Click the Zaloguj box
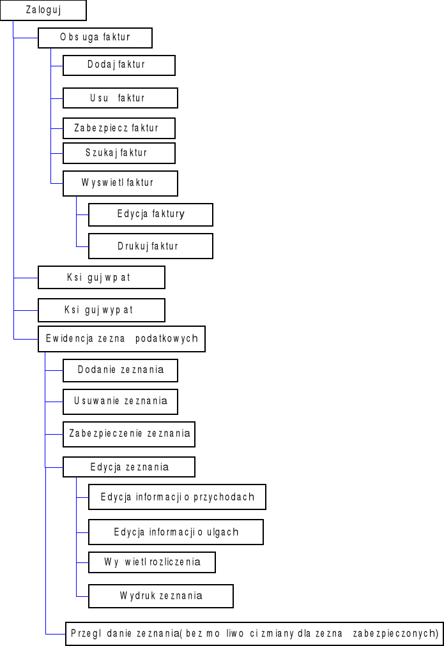click(43, 10)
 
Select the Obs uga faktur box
click(95, 38)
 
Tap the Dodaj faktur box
click(119, 65)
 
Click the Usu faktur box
click(120, 98)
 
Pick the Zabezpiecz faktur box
click(119, 128)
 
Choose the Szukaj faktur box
click(119, 153)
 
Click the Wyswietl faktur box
click(120, 183)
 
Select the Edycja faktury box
click(151, 214)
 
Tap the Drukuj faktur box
click(151, 246)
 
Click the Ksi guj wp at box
click(102, 278)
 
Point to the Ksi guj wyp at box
click(102, 310)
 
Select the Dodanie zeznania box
click(120, 370)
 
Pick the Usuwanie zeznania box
click(120, 402)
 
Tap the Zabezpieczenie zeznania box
click(129, 434)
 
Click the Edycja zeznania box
click(129, 467)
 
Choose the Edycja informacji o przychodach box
click(177, 497)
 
